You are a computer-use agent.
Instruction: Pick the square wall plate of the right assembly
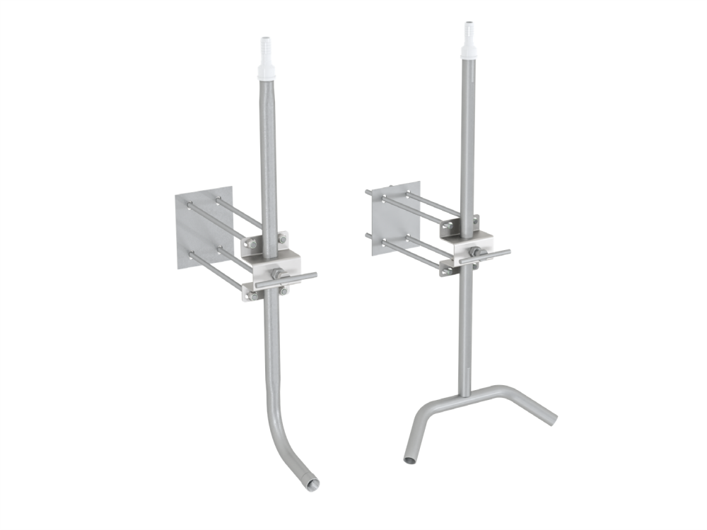[396, 212]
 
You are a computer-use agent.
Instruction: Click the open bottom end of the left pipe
[311, 484]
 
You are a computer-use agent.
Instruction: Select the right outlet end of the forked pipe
[550, 419]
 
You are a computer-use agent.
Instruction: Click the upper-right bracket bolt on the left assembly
[282, 239]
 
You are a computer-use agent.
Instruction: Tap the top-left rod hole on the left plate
[189, 206]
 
